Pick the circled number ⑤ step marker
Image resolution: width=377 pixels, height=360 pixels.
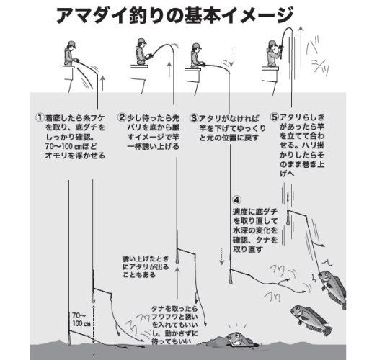pyautogui.click(x=274, y=116)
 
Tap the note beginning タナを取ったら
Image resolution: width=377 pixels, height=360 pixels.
pyautogui.click(x=174, y=320)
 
